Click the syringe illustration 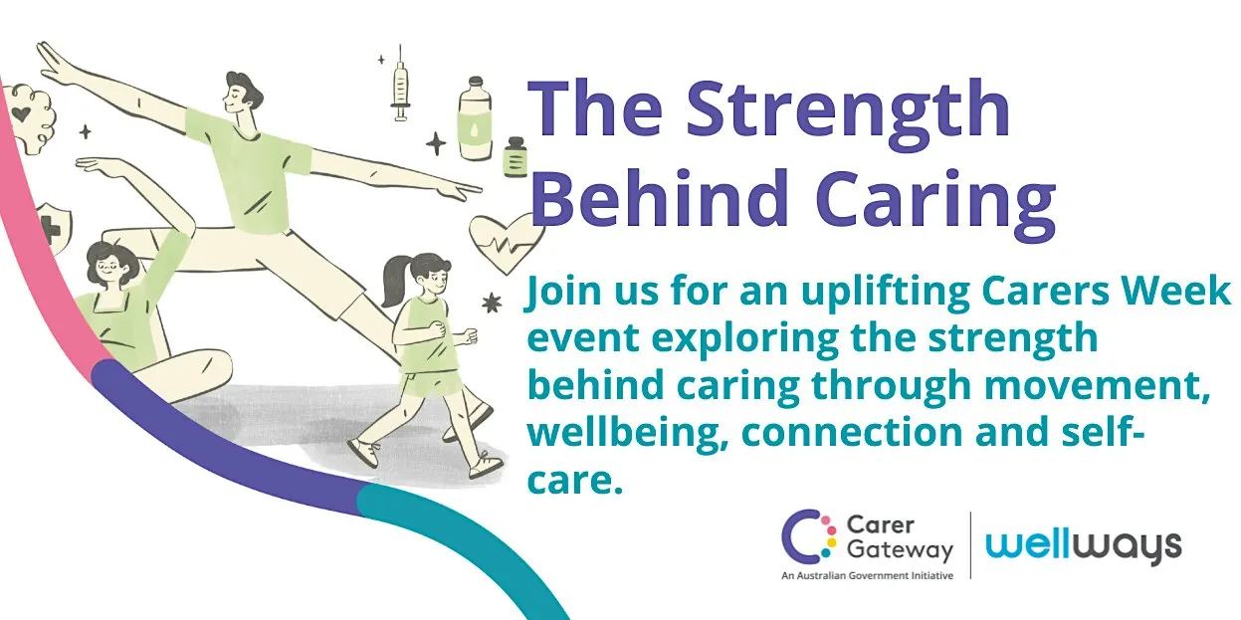(x=400, y=84)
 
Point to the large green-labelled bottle (x=475, y=118)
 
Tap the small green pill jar (x=516, y=157)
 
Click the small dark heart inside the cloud (x=22, y=114)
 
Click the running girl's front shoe (x=486, y=465)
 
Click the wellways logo (x=1083, y=546)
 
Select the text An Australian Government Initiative (x=867, y=575)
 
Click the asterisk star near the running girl (x=492, y=304)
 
